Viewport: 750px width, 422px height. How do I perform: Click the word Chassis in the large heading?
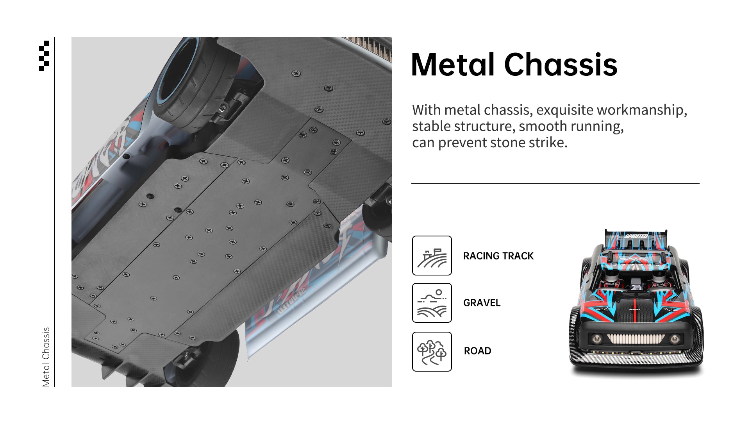561,64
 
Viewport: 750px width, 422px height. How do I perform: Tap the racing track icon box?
432,256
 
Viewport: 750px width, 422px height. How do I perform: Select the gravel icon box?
432,303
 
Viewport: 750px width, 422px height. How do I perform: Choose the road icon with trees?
432,352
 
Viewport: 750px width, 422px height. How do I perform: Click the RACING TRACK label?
498,256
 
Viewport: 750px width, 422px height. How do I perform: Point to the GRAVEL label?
482,303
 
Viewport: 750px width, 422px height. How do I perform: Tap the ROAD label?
477,351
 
